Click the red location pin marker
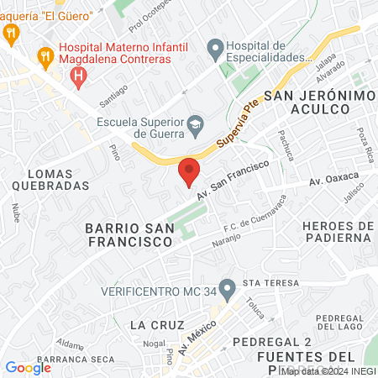[x=189, y=171]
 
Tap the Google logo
[x=29, y=367]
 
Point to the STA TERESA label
[x=266, y=283]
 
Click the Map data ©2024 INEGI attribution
[x=328, y=370]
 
